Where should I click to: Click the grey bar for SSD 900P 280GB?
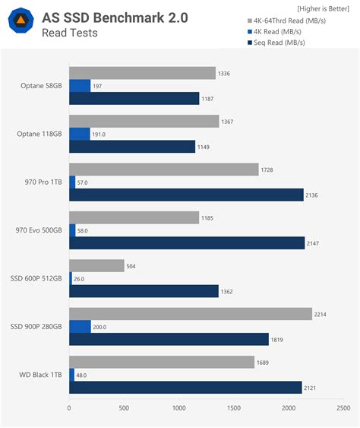[190, 314]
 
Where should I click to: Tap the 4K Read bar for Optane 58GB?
[80, 86]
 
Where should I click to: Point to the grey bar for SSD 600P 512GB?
[96, 266]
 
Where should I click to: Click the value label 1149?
[206, 147]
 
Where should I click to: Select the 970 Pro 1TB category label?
[43, 182]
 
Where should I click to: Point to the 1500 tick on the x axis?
[233, 408]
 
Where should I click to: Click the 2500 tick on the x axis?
[342, 408]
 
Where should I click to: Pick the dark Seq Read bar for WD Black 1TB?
[185, 387]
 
